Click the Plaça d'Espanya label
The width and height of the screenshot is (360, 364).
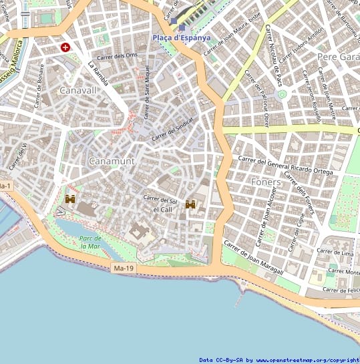click(x=181, y=37)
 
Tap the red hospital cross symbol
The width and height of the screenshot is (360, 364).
click(x=65, y=47)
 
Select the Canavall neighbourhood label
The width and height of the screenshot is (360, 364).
click(x=78, y=89)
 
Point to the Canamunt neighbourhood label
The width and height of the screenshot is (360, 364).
click(x=112, y=161)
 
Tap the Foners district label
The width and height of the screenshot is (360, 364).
click(x=266, y=182)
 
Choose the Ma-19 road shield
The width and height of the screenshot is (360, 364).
click(x=123, y=268)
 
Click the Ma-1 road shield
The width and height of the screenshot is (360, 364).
click(x=5, y=185)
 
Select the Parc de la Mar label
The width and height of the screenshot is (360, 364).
click(x=89, y=242)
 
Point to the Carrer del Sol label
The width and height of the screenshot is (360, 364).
click(x=160, y=200)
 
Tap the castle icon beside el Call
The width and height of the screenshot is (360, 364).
click(x=190, y=204)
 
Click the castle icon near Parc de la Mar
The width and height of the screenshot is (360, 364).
click(x=69, y=198)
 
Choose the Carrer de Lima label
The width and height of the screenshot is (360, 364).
click(x=334, y=251)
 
